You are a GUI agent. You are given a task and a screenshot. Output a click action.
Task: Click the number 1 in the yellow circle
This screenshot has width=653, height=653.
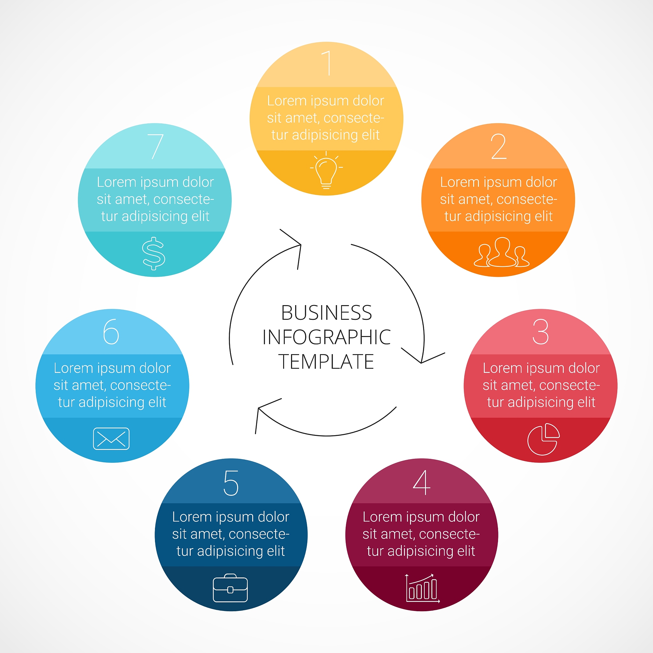327,63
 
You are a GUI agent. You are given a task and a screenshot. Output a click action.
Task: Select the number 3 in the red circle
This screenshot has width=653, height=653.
540,332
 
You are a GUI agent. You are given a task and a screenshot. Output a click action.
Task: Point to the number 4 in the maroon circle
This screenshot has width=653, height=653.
422,483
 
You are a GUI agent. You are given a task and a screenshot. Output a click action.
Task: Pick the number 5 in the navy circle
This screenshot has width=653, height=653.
231,483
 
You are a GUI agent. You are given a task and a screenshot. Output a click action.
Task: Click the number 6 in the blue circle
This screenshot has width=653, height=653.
111,332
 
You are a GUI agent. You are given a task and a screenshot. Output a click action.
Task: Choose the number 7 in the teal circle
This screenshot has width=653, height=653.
156,146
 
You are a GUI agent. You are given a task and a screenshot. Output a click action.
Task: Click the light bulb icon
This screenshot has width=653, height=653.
326,170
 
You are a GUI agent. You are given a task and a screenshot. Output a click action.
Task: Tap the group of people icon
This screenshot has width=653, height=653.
502,253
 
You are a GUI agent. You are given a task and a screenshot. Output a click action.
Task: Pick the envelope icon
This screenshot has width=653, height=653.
111,439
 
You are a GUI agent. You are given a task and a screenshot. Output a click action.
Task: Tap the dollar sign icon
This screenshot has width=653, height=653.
154,253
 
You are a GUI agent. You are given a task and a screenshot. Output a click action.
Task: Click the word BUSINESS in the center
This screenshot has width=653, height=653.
326,313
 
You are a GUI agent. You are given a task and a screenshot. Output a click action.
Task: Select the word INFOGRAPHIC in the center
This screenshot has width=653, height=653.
326,337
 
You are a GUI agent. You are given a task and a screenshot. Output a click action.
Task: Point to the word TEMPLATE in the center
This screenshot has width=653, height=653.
326,361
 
